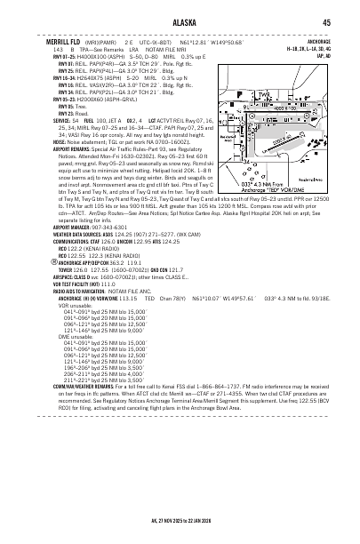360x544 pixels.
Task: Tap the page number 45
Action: pos(327,21)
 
